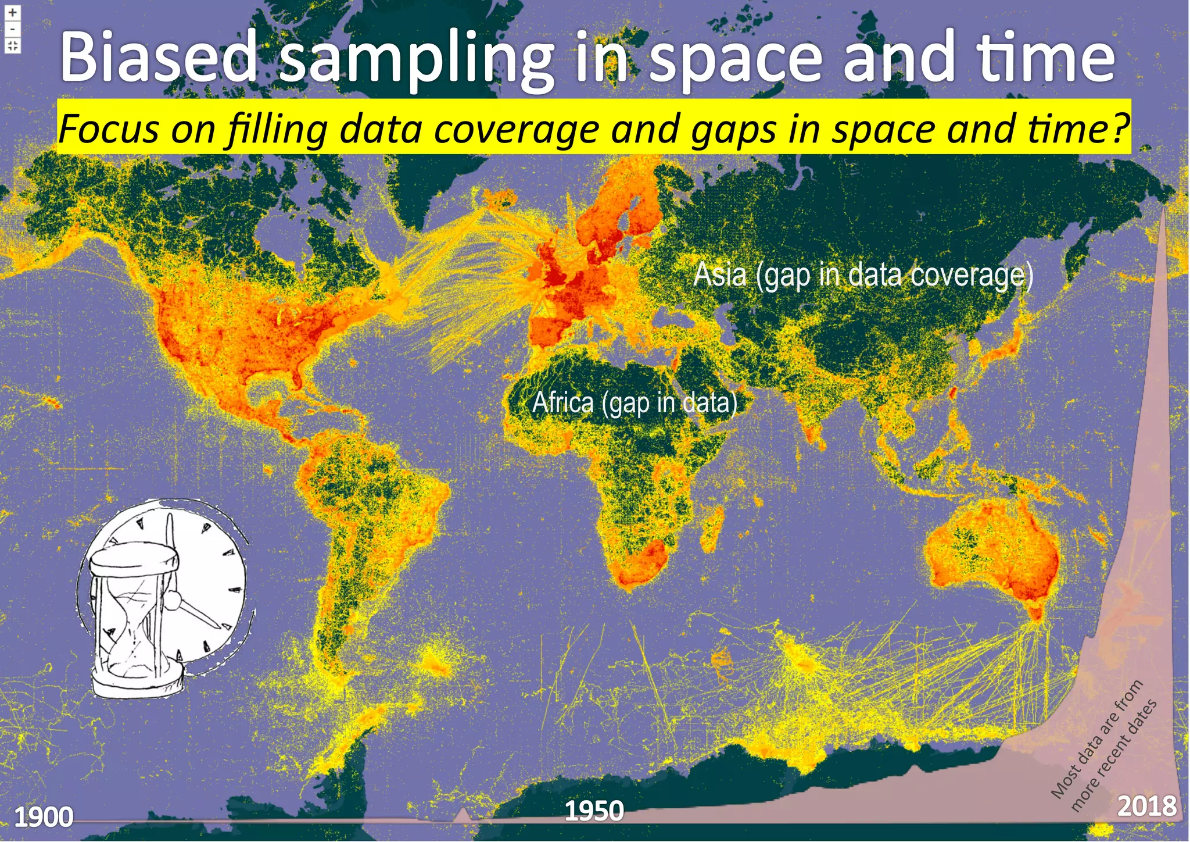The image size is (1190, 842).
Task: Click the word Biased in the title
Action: [x=158, y=57]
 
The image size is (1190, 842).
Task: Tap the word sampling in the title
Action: [x=415, y=58]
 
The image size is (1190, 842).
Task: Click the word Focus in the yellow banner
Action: [x=108, y=129]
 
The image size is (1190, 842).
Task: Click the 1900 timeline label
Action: [x=44, y=818]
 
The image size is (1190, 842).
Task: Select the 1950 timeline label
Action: [x=594, y=811]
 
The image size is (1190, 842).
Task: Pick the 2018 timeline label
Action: [x=1147, y=806]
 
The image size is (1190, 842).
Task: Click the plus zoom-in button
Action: [x=13, y=12]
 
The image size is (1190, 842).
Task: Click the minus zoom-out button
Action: [x=13, y=28]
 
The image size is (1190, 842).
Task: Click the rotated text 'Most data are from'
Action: [x=1096, y=739]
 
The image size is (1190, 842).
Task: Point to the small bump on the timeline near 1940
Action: [x=463, y=815]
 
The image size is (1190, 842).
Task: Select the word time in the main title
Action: [x=1046, y=57]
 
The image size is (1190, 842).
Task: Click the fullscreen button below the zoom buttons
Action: [x=13, y=45]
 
